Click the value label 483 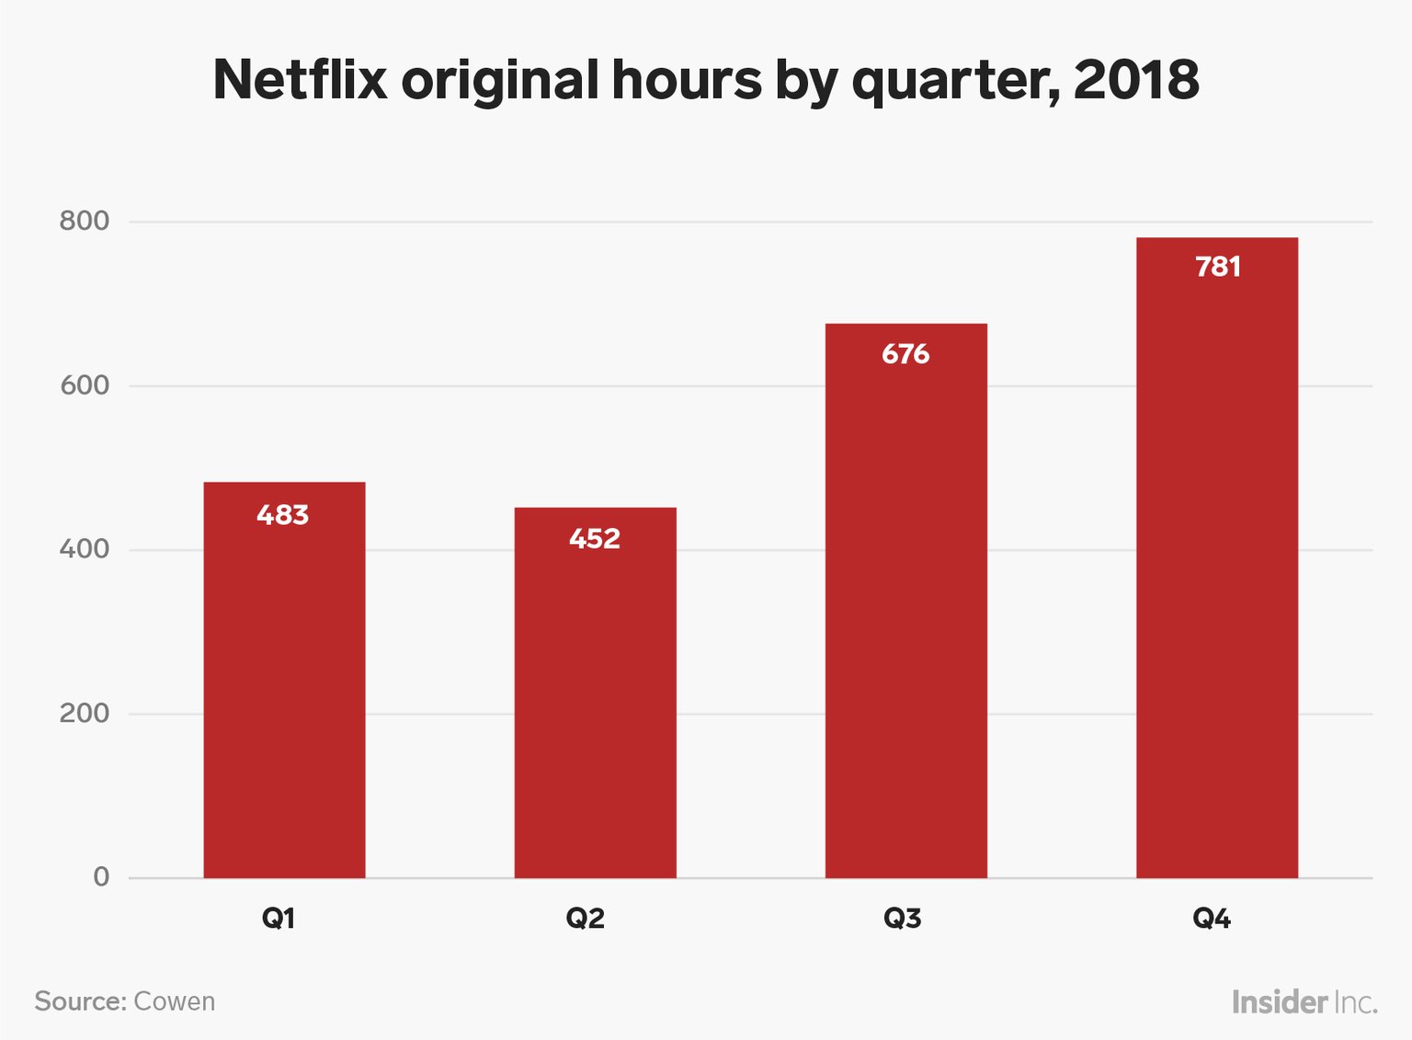click(x=283, y=515)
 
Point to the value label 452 click(x=595, y=539)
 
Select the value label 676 click(x=905, y=354)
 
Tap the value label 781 click(x=1218, y=267)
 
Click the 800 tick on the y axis click(x=85, y=221)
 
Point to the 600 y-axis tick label click(x=85, y=385)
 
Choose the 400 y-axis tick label click(x=85, y=549)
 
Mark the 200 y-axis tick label click(x=85, y=713)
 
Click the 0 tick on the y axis click(x=101, y=876)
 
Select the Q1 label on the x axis click(x=279, y=918)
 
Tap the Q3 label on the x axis click(x=902, y=918)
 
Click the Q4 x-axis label click(x=1212, y=918)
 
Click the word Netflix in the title click(x=300, y=79)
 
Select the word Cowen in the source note click(x=175, y=1001)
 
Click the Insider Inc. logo click(x=1304, y=1001)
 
